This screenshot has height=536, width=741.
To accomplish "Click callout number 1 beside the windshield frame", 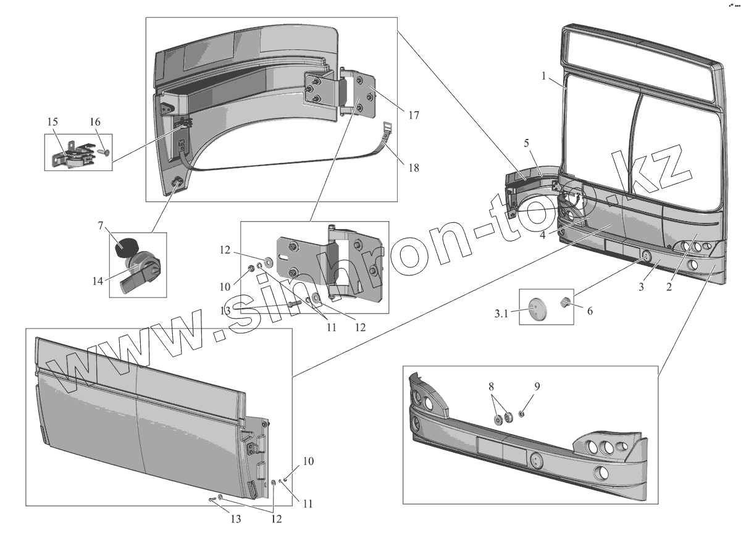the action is pyautogui.click(x=544, y=76).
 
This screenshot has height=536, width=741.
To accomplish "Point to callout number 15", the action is pyautogui.click(x=52, y=121).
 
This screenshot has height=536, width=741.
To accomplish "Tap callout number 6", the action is pyautogui.click(x=589, y=311).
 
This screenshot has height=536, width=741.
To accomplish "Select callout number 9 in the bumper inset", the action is pyautogui.click(x=537, y=387).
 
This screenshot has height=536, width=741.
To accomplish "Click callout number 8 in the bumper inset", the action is pyautogui.click(x=491, y=387).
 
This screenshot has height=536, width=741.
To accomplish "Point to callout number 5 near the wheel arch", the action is pyautogui.click(x=527, y=144).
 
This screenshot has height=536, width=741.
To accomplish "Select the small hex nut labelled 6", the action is pyautogui.click(x=566, y=303).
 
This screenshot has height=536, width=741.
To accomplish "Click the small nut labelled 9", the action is pyautogui.click(x=522, y=414).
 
